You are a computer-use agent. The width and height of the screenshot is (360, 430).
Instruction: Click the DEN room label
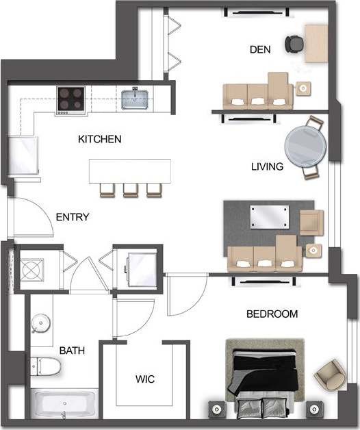click(259, 49)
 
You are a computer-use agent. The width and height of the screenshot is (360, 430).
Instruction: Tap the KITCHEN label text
click(100, 140)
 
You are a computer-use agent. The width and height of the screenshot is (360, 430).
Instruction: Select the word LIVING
click(267, 166)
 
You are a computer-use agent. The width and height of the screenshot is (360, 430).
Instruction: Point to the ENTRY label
click(73, 218)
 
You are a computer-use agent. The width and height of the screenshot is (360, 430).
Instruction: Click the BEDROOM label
click(272, 314)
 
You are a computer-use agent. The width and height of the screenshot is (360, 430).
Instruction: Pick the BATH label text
click(72, 351)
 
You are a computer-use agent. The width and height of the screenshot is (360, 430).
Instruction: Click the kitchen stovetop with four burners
click(70, 99)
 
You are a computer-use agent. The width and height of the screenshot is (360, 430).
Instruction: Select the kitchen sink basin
click(136, 99)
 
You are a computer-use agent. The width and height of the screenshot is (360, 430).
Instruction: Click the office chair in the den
click(295, 43)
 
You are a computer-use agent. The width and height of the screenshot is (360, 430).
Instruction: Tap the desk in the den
click(316, 43)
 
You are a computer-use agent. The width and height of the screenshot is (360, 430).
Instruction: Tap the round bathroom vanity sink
click(42, 321)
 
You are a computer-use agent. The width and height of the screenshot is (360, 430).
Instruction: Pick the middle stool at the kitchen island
click(131, 190)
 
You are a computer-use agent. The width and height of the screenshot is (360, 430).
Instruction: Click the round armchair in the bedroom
click(326, 374)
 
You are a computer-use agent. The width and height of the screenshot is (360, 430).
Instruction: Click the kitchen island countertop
click(129, 170)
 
